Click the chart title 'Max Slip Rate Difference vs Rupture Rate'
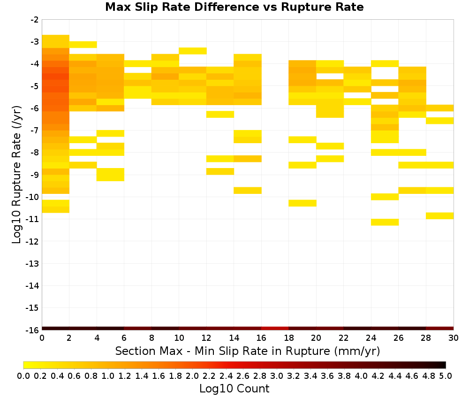click(x=234, y=7)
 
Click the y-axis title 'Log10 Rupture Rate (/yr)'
click(x=16, y=175)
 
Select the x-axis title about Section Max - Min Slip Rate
click(x=248, y=351)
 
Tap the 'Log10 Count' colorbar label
click(x=234, y=389)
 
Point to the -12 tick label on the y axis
click(x=32, y=241)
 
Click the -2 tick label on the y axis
click(x=34, y=20)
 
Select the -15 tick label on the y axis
click(x=32, y=308)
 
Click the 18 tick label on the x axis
click(x=288, y=338)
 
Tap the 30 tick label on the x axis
click(x=454, y=338)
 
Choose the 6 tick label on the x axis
click(x=124, y=338)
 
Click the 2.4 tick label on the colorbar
click(x=226, y=376)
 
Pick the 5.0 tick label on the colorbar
click(x=446, y=376)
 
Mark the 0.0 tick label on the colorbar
click(x=23, y=376)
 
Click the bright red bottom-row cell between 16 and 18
click(x=275, y=329)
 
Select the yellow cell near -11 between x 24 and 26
click(x=385, y=222)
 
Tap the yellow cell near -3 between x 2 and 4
click(x=83, y=45)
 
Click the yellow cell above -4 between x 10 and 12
click(x=193, y=51)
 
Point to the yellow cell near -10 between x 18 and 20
click(x=303, y=203)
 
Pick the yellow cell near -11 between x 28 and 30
click(x=440, y=216)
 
